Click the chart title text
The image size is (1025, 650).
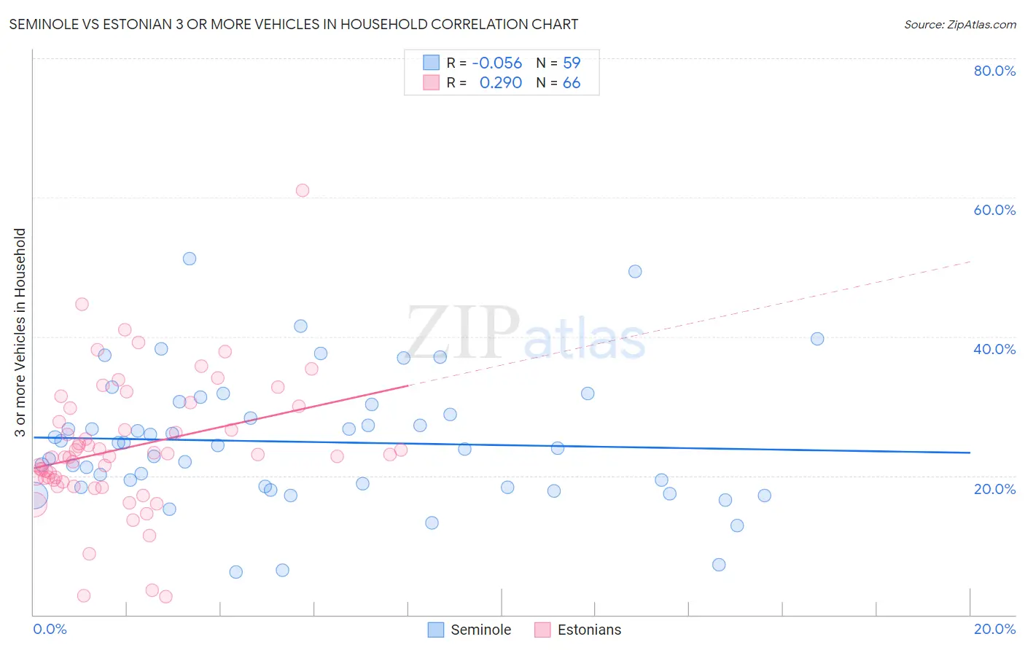pyautogui.click(x=294, y=24)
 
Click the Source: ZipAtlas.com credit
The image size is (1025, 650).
pyautogui.click(x=959, y=24)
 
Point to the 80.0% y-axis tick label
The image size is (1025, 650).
pyautogui.click(x=994, y=71)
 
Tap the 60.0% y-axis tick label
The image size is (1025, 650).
pyautogui.click(x=994, y=210)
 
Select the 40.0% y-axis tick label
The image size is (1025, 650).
pyautogui.click(x=994, y=349)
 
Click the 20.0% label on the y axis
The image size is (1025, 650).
pyautogui.click(x=994, y=489)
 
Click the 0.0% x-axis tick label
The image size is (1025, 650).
pyautogui.click(x=50, y=629)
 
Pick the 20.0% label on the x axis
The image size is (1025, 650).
pyautogui.click(x=994, y=629)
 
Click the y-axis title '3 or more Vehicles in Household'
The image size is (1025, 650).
pyautogui.click(x=20, y=332)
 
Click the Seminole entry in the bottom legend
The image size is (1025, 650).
pyautogui.click(x=480, y=630)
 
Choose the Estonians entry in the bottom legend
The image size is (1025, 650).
pyautogui.click(x=589, y=630)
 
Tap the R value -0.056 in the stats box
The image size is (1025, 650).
pyautogui.click(x=497, y=63)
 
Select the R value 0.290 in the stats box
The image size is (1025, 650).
pyautogui.click(x=501, y=82)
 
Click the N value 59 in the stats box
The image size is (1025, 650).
pyautogui.click(x=572, y=63)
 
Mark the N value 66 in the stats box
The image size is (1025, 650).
pyautogui.click(x=572, y=82)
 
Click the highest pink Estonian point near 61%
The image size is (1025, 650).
pyautogui.click(x=303, y=190)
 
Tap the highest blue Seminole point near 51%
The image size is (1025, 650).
pyautogui.click(x=190, y=259)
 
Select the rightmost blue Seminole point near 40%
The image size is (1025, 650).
pyautogui.click(x=817, y=339)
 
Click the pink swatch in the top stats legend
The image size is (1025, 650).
pyautogui.click(x=431, y=82)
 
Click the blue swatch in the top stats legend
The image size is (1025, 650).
pyautogui.click(x=431, y=63)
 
